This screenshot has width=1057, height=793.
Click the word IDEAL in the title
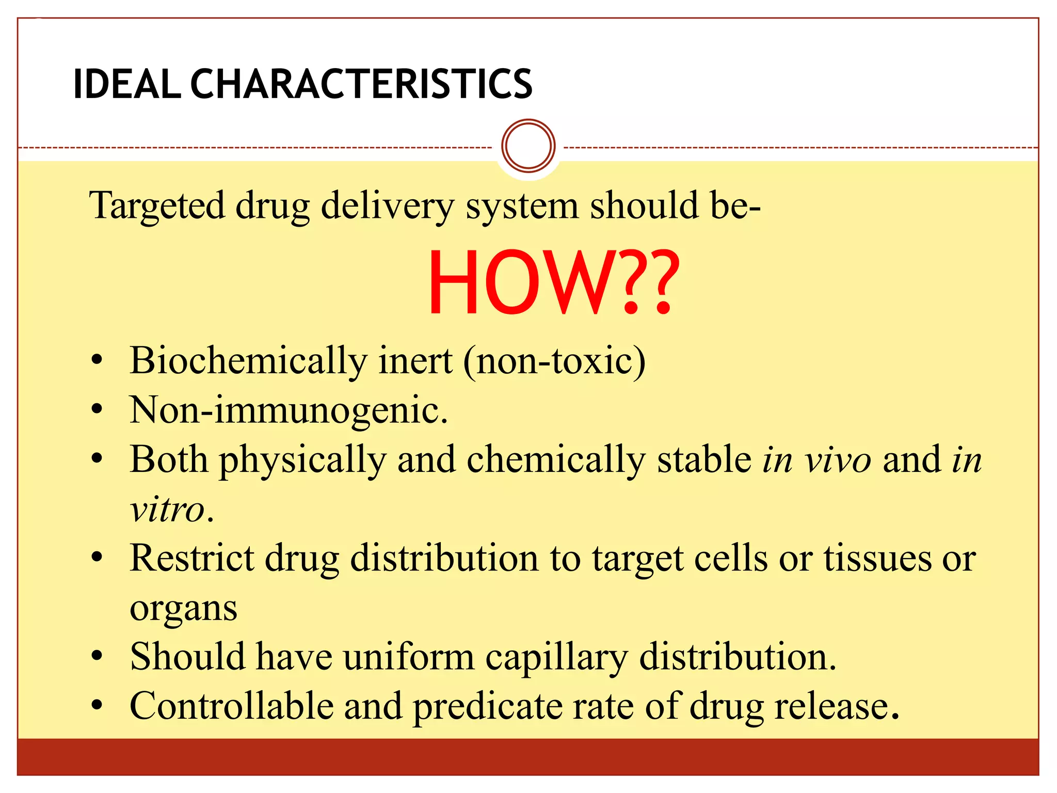tap(127, 84)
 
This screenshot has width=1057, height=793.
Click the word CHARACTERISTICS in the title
tap(361, 84)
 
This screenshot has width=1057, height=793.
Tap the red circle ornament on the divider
tap(528, 146)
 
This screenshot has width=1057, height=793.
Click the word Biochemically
tap(248, 361)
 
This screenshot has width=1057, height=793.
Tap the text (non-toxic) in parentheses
tap(554, 361)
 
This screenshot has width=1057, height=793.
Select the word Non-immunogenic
tap(288, 410)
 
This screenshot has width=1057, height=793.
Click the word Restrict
tap(192, 559)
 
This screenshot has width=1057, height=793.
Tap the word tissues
tap(877, 559)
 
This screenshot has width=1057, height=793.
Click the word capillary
tap(556, 658)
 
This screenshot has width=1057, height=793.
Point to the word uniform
tap(409, 658)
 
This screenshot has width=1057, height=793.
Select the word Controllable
tap(231, 706)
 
